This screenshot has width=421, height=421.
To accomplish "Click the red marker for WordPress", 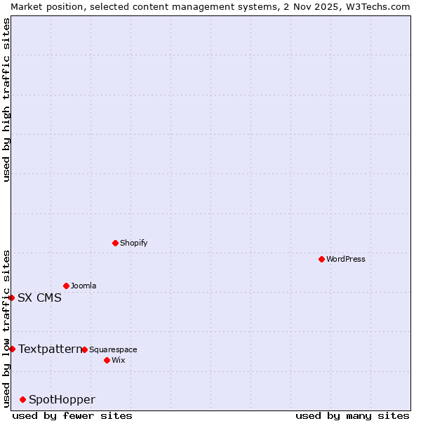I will coord(321,259).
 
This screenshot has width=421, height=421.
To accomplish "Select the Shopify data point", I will coord(115,243).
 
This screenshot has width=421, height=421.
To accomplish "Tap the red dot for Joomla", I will coord(66,286).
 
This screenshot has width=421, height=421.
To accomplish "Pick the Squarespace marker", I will coord(84,349).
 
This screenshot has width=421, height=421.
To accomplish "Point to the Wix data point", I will coord(107,360).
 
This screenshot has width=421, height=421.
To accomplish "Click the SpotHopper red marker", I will coord(22,399).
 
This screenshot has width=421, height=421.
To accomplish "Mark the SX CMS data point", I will coord(11,298).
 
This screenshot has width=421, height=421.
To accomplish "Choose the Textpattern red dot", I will coord(12,349).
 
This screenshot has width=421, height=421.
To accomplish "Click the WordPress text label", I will coord(346,259).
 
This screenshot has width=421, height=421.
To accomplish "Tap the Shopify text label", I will coord(133,243).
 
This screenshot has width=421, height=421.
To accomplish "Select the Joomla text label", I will coord(83,286).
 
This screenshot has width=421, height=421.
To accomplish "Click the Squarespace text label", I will coord(113,349).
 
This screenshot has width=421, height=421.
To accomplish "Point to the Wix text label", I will coord(118,360).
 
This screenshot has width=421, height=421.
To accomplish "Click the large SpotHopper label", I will coord(62,399).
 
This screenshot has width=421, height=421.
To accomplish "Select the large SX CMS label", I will coord(39,298).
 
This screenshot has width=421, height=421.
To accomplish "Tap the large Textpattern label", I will coord(50,349).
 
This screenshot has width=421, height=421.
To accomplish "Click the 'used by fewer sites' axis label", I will coord(72,415).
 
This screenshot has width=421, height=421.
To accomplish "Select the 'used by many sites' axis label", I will coord(352,415).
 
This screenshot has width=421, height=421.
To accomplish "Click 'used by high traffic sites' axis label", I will coord(6,100).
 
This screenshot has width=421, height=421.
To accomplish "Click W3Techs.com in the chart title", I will coord(373,6).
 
